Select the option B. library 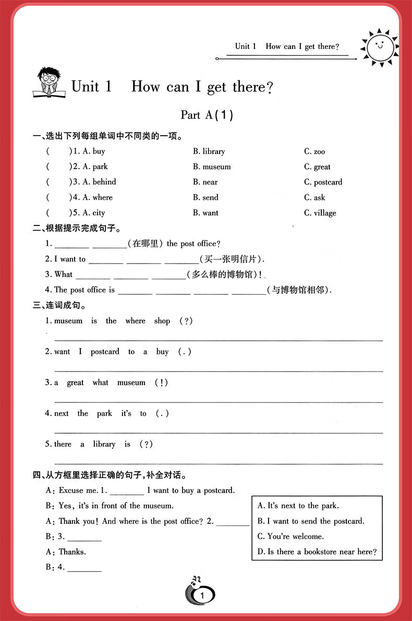[209, 151]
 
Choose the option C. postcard [323, 182]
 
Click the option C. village [320, 213]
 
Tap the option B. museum [212, 167]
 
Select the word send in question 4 [210, 197]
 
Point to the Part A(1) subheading [207, 115]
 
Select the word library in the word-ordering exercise [104, 444]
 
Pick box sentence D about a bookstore [317, 552]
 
